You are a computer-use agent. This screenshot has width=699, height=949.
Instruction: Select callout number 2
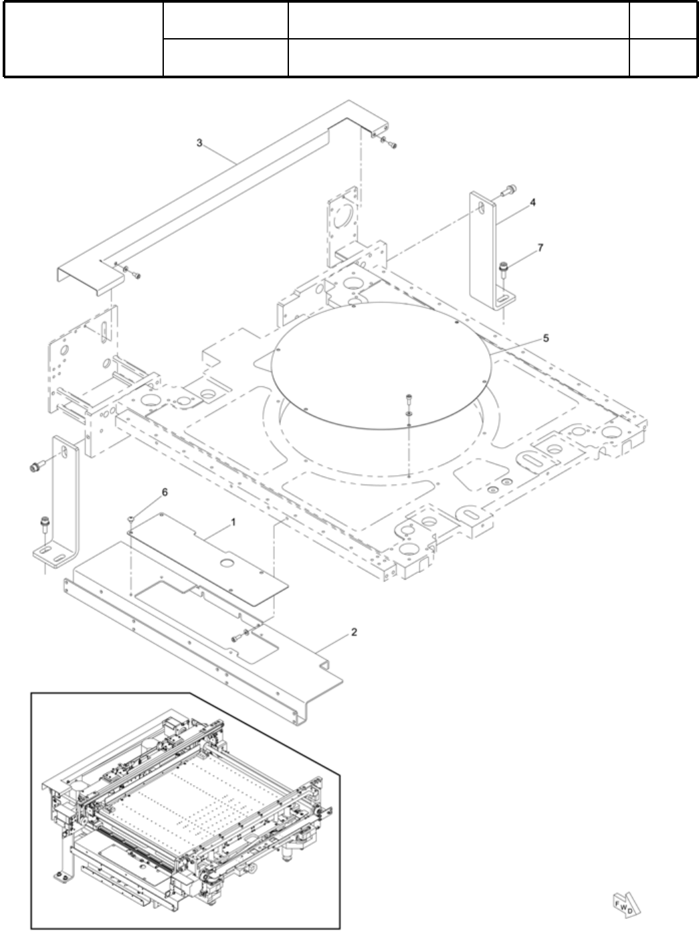(x=354, y=632)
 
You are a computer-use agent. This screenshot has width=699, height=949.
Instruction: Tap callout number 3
(x=200, y=143)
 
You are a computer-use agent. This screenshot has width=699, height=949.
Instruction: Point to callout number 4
(x=533, y=201)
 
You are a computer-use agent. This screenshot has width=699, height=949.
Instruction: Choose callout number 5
(x=546, y=339)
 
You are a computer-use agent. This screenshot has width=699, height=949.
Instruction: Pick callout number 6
(x=165, y=492)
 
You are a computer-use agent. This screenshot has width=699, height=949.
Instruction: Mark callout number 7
(x=540, y=248)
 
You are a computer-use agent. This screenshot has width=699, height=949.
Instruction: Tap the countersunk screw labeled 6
(x=131, y=519)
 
